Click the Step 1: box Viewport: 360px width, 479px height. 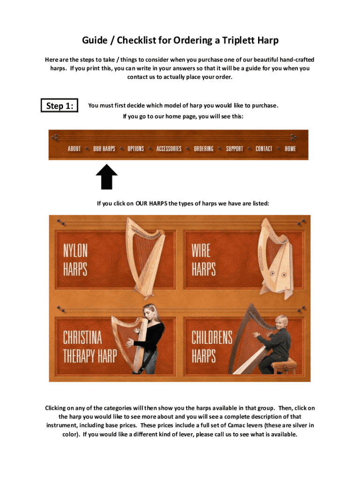[59, 105]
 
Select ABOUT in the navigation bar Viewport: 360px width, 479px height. [74, 149]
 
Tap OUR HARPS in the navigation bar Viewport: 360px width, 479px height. [104, 149]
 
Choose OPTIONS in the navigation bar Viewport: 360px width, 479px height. [136, 149]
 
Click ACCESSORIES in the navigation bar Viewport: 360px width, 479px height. [169, 149]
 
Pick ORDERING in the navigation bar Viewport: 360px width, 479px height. [204, 149]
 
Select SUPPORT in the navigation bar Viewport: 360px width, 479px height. [235, 149]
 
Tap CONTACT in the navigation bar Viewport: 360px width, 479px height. [264, 149]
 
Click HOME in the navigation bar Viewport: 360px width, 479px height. [290, 149]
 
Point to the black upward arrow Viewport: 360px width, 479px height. [107, 177]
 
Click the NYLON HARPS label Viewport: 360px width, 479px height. [75, 260]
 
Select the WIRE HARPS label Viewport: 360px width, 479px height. [204, 260]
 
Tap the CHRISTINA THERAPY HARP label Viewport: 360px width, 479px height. [90, 347]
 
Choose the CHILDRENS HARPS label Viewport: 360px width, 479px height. [212, 347]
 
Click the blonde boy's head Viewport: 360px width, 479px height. [281, 322]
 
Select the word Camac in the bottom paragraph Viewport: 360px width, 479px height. [236, 425]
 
